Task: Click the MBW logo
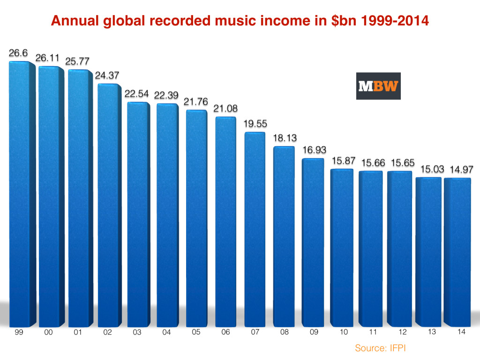click(378, 86)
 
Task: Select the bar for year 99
click(21, 192)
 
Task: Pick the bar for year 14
click(457, 253)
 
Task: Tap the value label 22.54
click(136, 93)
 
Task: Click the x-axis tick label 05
click(196, 332)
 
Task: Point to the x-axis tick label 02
click(108, 332)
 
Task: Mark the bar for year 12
click(399, 248)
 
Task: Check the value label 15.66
click(370, 162)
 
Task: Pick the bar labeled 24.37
click(108, 206)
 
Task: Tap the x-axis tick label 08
click(284, 332)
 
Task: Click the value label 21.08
click(225, 108)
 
